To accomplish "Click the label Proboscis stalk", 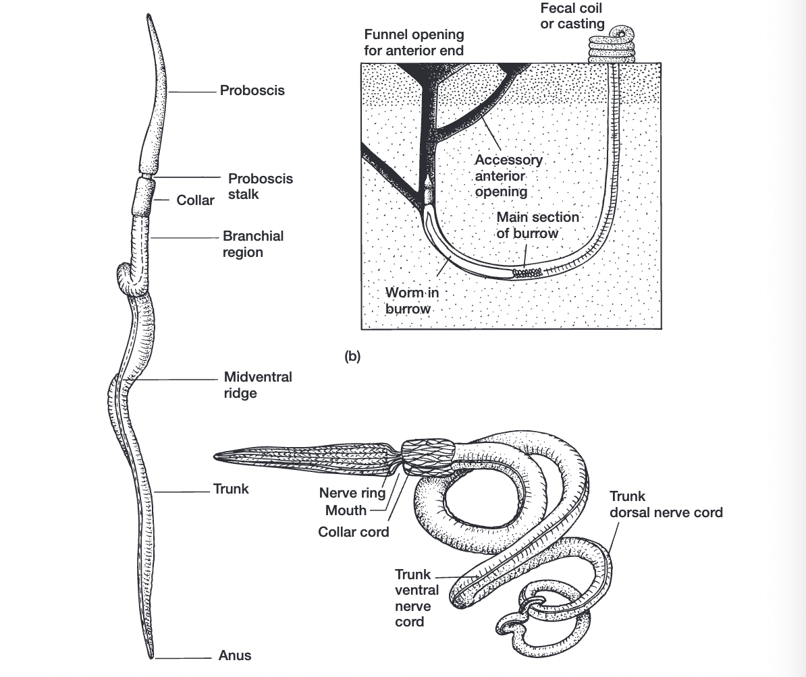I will [x=261, y=187].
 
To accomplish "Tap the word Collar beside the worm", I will [x=195, y=200].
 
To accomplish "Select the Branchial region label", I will [x=252, y=244].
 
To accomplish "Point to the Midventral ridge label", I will [x=258, y=384].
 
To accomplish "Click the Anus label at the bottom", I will [x=235, y=655].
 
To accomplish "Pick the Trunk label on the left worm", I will [x=231, y=489].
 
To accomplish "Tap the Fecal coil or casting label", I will [x=572, y=16].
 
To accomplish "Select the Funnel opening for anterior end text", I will [x=414, y=42].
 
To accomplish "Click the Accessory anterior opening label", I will [x=508, y=175].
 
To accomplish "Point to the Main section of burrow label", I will [x=537, y=225].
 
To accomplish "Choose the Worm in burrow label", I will [x=408, y=301].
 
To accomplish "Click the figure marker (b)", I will [x=352, y=357].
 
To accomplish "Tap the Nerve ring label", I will [x=352, y=493].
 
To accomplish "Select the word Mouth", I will [x=346, y=510].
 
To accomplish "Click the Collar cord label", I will [x=354, y=532].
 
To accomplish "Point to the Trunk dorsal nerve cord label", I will [x=666, y=505].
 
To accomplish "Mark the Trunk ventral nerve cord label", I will [x=417, y=597].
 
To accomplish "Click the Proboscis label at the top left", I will [x=252, y=90].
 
